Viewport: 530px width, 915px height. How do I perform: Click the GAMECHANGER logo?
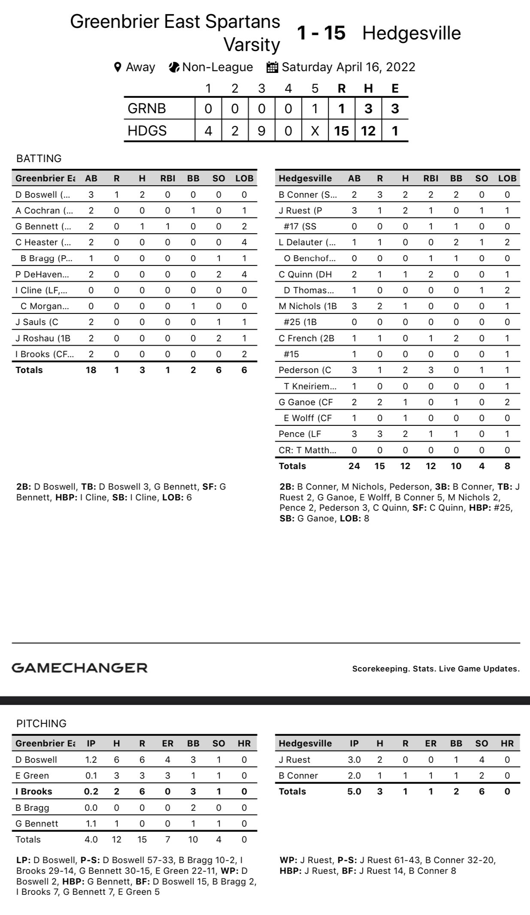(x=79, y=668)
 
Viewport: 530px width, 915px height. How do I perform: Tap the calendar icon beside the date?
(x=272, y=67)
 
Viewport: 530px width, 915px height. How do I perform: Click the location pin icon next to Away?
(x=118, y=67)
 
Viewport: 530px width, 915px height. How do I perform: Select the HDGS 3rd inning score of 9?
(x=261, y=130)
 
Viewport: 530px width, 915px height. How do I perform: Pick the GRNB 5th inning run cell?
(x=315, y=108)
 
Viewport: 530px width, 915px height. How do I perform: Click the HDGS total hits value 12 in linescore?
(x=368, y=130)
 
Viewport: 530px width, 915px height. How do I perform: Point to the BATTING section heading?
(x=39, y=158)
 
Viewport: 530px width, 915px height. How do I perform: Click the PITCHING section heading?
(x=42, y=723)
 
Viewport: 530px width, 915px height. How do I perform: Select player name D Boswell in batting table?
(x=42, y=195)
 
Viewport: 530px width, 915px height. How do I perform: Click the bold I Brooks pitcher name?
(x=34, y=792)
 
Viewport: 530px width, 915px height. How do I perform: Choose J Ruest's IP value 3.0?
(x=354, y=760)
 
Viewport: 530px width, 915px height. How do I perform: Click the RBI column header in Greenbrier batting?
(x=168, y=178)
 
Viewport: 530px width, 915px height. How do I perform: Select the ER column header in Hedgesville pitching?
(x=430, y=743)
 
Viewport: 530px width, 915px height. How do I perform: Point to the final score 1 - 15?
(x=321, y=33)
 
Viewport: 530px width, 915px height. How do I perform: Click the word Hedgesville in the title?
(x=412, y=33)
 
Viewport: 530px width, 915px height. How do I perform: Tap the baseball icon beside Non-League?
(x=174, y=67)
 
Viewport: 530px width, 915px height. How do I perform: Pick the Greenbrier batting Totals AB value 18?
(x=91, y=370)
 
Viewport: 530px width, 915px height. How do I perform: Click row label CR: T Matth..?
(x=307, y=450)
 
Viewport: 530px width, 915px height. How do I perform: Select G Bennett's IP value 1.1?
(x=91, y=824)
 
